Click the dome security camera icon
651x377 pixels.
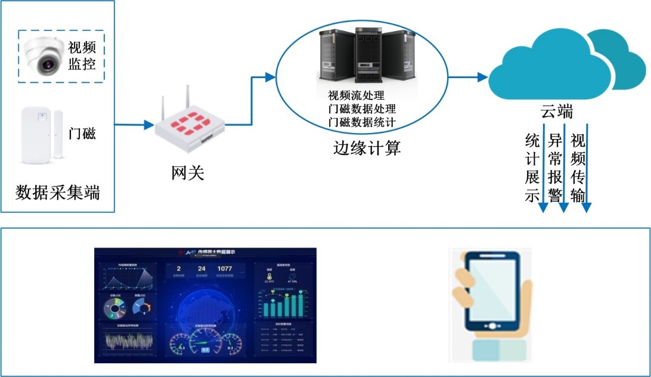coord(44,56)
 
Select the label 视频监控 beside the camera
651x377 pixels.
coord(82,55)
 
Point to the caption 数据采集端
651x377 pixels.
coord(58,193)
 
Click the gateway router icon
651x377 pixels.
coord(191,122)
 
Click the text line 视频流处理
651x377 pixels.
coord(356,96)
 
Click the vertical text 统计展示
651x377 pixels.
coord(532,168)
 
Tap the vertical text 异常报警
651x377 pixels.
coord(555,168)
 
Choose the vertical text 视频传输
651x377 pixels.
coord(578,168)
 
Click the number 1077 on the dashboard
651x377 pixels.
coord(225,268)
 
